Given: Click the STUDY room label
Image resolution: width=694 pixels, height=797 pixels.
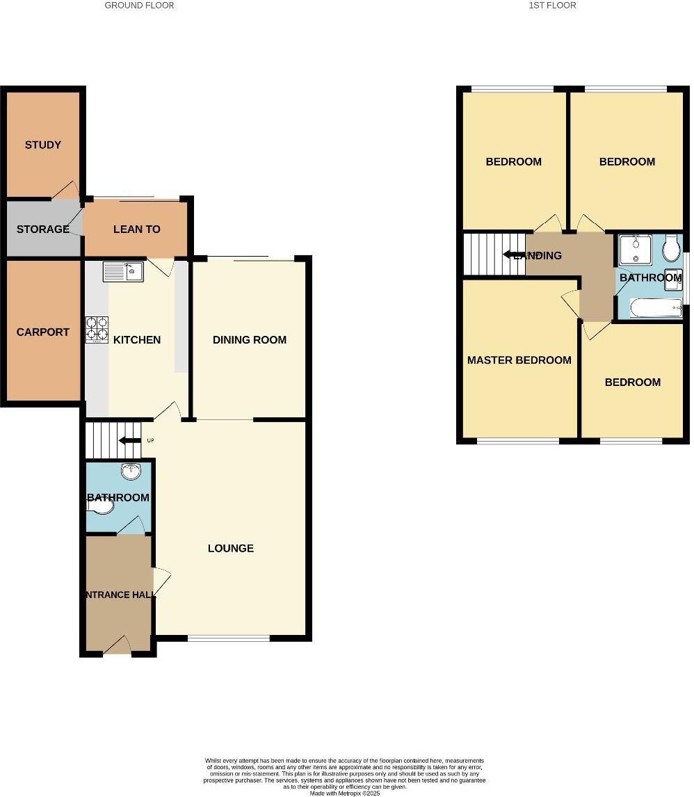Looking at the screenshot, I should tap(43, 145).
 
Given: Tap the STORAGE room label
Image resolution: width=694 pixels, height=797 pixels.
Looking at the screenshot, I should tap(42, 229).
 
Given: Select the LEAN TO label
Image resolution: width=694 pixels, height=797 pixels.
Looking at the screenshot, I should tap(136, 229).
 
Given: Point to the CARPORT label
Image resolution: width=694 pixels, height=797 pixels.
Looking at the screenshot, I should tap(43, 332).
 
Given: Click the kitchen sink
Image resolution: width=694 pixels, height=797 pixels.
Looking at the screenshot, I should tap(123, 271).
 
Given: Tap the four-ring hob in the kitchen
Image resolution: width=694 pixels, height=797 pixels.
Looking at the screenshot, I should tap(97, 330).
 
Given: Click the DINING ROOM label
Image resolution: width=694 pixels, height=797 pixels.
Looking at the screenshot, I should tap(250, 339).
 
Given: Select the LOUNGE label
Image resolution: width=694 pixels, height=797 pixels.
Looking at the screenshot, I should tap(231, 548).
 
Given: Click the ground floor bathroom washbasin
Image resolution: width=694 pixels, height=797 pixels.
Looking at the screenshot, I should tap(130, 472).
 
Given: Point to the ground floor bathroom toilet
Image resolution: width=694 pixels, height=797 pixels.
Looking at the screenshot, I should tap(102, 508).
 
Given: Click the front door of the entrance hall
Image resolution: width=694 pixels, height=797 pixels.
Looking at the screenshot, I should tap(117, 647).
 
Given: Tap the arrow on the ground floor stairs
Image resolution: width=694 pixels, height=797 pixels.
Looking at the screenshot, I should tap(129, 440).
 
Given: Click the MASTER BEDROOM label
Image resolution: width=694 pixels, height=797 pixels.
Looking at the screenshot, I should tap(519, 360).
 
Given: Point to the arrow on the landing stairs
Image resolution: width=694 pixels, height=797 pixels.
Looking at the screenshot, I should tap(514, 255).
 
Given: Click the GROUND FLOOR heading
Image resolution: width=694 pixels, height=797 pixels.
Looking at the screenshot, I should tap(139, 6).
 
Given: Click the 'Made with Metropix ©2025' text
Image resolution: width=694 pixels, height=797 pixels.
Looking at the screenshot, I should tap(345, 793).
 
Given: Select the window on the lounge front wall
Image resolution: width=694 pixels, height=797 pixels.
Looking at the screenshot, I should tap(229, 638).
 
